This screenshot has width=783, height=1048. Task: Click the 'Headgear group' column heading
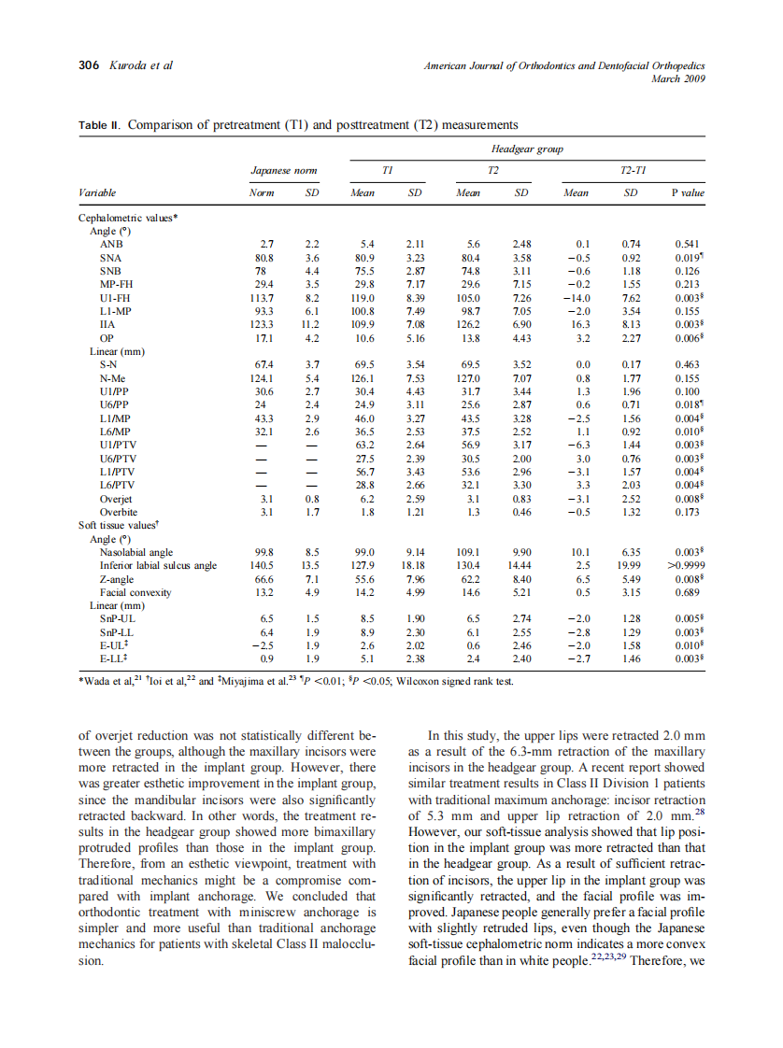(x=526, y=149)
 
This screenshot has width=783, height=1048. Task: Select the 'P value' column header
(x=687, y=192)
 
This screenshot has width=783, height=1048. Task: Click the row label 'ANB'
(x=110, y=243)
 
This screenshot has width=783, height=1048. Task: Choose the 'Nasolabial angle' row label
(x=136, y=552)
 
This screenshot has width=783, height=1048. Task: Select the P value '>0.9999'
(x=688, y=566)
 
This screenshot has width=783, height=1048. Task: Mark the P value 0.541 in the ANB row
(x=688, y=243)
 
